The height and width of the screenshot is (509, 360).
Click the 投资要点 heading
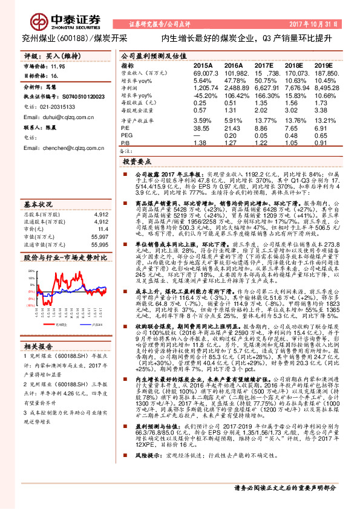pyautogui.click(x=137, y=163)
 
